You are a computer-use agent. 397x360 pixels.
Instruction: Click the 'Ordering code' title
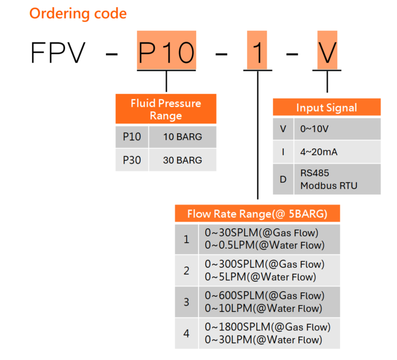click(78, 13)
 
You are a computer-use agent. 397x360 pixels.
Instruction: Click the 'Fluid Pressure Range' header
click(166, 109)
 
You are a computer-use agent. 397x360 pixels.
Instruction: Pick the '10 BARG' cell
click(182, 137)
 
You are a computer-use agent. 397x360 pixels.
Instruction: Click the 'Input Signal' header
click(326, 107)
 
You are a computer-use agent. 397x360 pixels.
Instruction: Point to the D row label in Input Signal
click(283, 180)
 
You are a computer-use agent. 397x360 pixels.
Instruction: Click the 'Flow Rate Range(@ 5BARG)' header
click(257, 214)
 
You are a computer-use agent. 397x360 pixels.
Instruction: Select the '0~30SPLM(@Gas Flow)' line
click(261, 233)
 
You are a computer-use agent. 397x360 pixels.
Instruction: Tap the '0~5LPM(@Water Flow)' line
click(260, 277)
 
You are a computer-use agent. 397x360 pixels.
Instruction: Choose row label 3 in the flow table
click(187, 302)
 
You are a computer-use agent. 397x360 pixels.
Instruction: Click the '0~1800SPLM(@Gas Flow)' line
click(267, 327)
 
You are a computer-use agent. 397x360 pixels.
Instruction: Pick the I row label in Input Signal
click(283, 152)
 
